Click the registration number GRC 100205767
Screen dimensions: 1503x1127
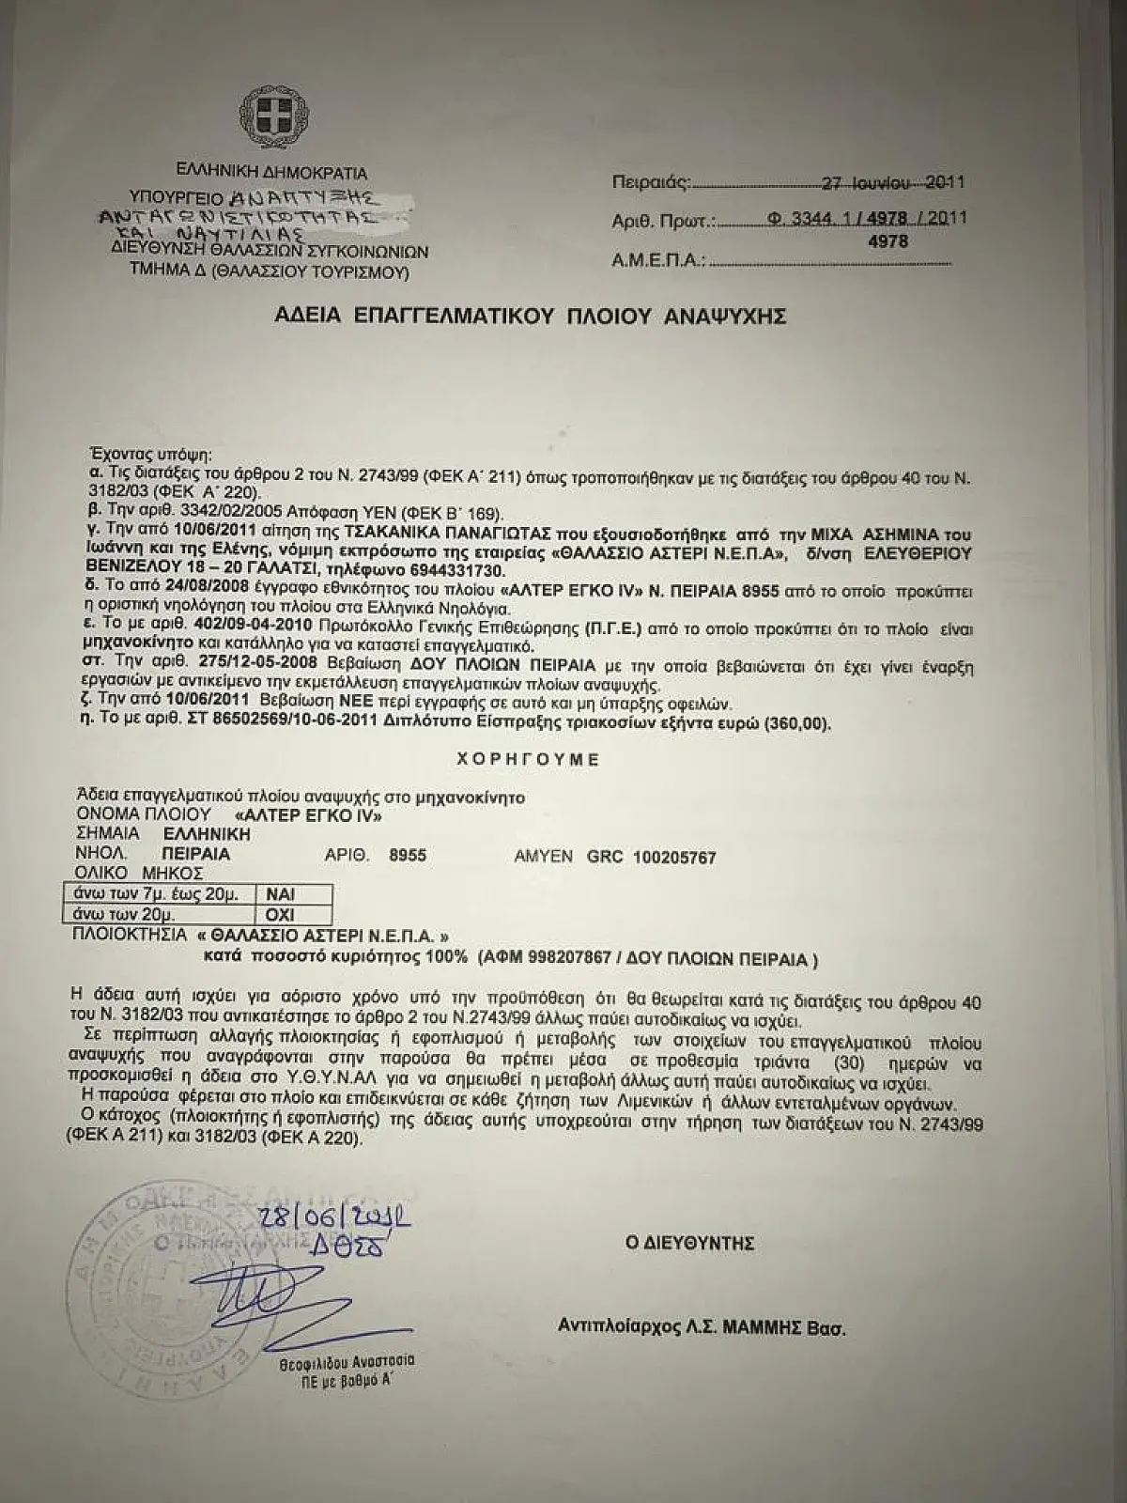(x=652, y=857)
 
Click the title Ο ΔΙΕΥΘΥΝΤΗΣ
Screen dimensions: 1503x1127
(x=690, y=1243)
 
